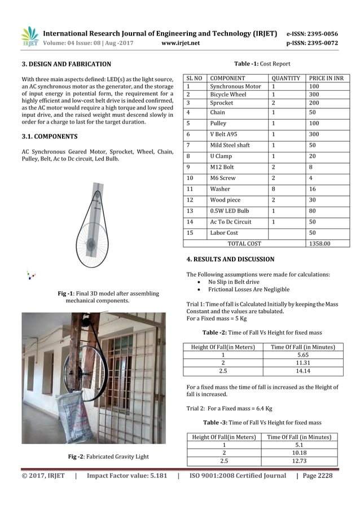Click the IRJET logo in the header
tap(29, 37)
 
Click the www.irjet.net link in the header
tap(179, 42)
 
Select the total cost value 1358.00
tap(319, 243)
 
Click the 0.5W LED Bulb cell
tap(229, 210)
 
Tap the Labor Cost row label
tap(224, 232)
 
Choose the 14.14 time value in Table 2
tap(303, 371)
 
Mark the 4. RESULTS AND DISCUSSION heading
tap(230, 260)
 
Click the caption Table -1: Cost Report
tap(266, 64)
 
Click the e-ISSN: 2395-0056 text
tap(320, 34)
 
